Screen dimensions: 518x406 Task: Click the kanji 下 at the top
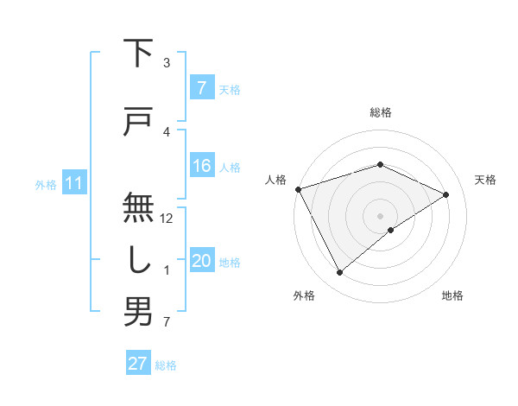(138, 54)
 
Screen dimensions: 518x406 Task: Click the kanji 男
(138, 313)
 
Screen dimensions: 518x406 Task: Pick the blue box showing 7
(201, 88)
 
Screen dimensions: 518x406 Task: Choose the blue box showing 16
(202, 166)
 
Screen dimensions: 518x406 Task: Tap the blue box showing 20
(202, 262)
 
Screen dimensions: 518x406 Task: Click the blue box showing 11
(73, 183)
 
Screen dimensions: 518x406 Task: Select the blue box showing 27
(138, 364)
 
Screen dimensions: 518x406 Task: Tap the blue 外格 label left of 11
(46, 184)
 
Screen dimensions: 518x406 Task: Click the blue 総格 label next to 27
(166, 365)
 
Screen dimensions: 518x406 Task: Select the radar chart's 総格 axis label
(380, 112)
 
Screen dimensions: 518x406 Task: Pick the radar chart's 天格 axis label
(486, 180)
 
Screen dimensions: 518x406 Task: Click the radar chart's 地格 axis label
(452, 295)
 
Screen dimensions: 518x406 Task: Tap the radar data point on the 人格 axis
(298, 188)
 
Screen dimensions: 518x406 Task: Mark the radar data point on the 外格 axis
(339, 273)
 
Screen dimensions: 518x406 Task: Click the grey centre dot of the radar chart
(380, 215)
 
